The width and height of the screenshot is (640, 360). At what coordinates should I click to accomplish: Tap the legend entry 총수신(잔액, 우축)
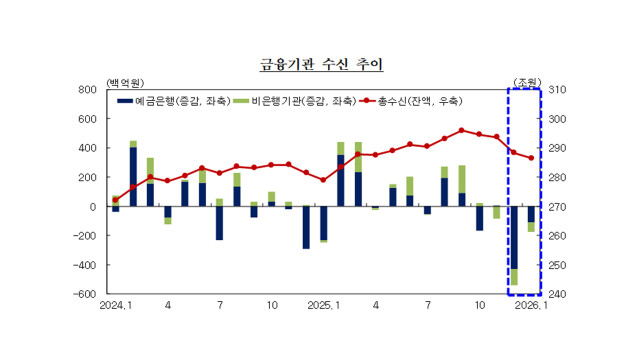click(x=420, y=101)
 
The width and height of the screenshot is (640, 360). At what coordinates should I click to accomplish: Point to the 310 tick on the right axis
click(x=559, y=90)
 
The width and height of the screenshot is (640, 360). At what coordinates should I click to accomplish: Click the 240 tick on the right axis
click(x=559, y=295)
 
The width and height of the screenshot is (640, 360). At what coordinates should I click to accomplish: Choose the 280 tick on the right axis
click(x=559, y=178)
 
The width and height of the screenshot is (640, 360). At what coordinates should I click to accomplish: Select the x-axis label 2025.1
click(x=323, y=307)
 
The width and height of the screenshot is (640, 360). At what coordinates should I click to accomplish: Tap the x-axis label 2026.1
click(x=530, y=307)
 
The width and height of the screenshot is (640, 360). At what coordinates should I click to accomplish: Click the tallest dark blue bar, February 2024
click(x=133, y=177)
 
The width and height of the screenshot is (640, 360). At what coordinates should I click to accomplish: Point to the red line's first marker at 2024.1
click(x=116, y=199)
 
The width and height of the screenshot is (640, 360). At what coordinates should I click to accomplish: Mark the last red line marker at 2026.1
click(x=531, y=158)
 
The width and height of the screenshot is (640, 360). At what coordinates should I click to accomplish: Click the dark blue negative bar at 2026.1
click(x=531, y=214)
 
